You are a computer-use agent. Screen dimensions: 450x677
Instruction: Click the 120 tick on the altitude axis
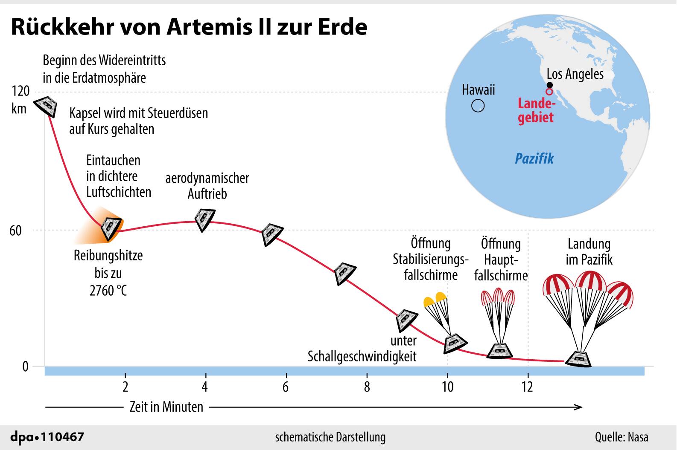coord(21,91)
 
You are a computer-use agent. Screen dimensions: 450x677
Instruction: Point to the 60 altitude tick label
coord(15,231)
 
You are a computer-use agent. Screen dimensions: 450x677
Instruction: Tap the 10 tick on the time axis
coord(447,387)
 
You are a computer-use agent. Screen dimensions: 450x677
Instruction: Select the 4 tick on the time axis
coord(205,387)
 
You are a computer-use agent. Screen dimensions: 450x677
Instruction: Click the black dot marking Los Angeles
coord(549,85)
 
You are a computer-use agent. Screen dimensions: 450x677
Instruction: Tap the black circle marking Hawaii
coord(478,106)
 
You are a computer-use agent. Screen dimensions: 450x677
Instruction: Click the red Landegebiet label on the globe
coord(536,110)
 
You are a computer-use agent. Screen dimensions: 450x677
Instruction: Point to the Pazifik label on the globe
coord(534,159)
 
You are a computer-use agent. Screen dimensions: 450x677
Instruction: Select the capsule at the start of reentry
coord(46,106)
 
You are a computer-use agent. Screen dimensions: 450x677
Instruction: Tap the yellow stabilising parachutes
coord(435,300)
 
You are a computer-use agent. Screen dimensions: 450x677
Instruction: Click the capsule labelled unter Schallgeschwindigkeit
coord(406,320)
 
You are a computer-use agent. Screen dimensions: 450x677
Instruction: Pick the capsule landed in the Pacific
coord(579,359)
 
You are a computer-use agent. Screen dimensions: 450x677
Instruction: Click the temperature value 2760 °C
coord(108,291)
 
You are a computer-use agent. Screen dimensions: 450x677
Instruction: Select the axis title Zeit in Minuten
coord(166,407)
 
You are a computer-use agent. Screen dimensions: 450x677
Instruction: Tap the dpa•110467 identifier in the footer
coord(47,437)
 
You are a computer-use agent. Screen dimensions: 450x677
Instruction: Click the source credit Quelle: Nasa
coord(622,437)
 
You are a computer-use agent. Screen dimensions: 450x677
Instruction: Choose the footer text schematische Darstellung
coord(330,437)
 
